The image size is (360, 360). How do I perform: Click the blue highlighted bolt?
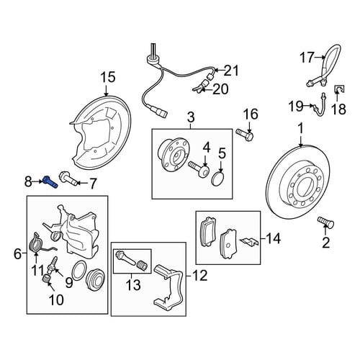coord(50,182)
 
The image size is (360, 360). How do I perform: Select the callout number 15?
coord(108,77)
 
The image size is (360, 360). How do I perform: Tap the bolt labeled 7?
coord(68,178)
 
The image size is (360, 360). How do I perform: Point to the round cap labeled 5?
coord(218,179)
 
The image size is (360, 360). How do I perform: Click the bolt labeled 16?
coord(244,134)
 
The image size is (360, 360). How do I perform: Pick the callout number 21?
coord(231,71)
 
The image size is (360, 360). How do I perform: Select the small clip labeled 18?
coord(339,89)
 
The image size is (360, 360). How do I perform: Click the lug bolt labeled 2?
coord(325,222)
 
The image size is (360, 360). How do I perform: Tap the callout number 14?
coord(273,238)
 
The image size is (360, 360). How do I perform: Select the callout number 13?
coord(133,285)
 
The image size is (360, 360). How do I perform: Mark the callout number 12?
coord(199,276)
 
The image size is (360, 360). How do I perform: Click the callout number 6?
coord(17,254)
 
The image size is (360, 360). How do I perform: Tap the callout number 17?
coord(307,58)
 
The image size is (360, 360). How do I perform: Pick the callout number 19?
coord(296,106)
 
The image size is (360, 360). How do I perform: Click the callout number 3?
coord(191,117)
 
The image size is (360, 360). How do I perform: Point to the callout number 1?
coord(301,128)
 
